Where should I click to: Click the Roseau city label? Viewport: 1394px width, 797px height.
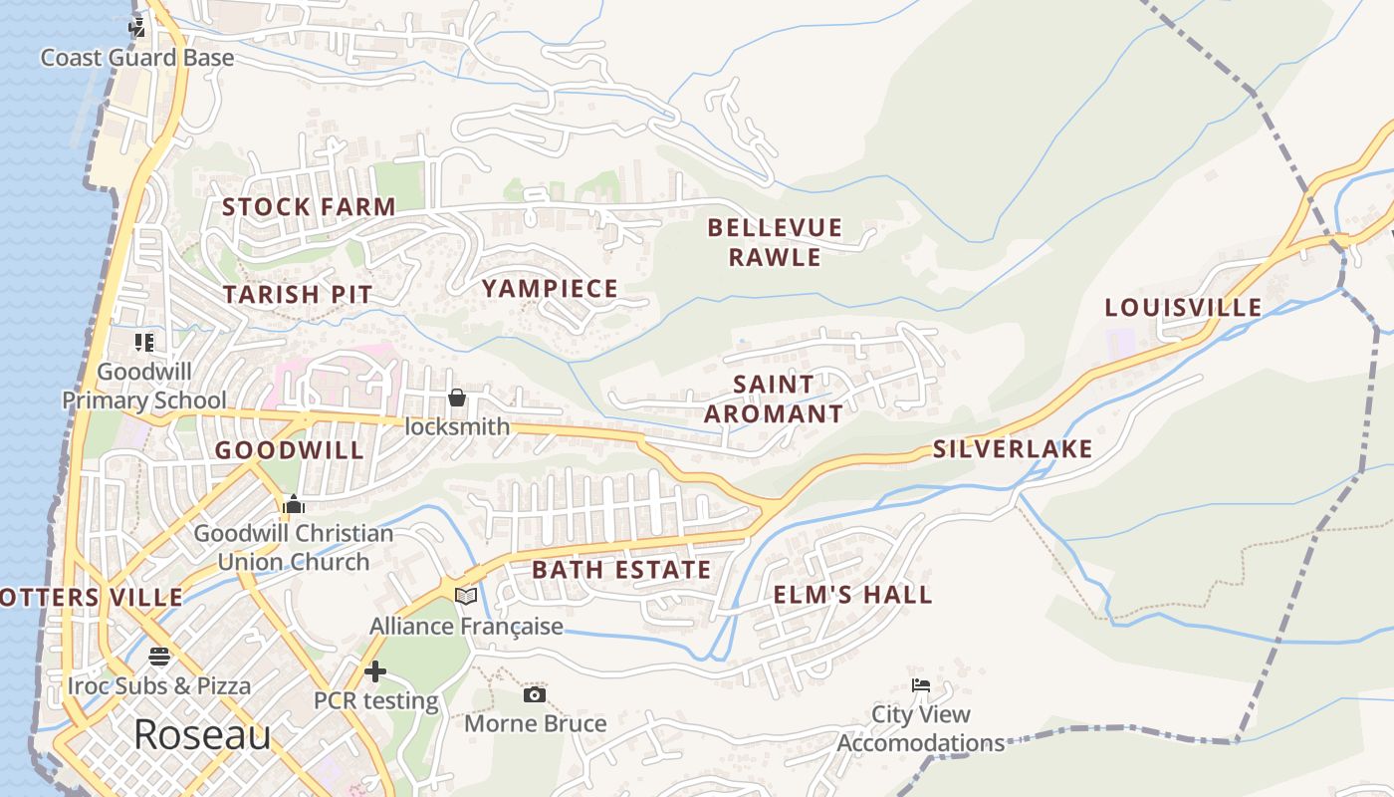(202, 735)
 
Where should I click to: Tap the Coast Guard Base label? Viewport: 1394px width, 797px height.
(137, 58)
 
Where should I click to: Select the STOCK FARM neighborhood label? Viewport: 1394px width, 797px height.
(309, 207)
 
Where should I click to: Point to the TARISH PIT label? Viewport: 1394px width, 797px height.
(298, 295)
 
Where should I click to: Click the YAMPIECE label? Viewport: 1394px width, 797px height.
(551, 289)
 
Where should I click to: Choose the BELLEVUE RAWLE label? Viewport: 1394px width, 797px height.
(775, 242)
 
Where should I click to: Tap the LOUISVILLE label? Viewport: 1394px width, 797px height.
(1183, 308)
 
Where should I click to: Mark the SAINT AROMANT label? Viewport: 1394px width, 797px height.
(774, 398)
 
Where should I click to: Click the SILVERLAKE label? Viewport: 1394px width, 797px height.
(1013, 449)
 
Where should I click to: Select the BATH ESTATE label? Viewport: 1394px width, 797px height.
(622, 570)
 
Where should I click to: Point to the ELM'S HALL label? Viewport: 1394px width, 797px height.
(853, 595)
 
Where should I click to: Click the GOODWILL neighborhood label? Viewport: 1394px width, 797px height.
(290, 450)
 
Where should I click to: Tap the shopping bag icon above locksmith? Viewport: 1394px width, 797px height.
(457, 398)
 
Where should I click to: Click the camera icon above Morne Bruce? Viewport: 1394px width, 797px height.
(535, 694)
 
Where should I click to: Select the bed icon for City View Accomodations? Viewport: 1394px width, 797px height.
(921, 684)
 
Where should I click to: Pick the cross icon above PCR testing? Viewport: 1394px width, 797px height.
(375, 671)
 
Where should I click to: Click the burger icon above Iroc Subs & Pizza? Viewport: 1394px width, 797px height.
(159, 657)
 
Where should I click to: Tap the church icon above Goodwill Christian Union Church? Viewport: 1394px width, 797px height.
(293, 504)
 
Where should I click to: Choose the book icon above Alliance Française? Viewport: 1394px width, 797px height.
(466, 596)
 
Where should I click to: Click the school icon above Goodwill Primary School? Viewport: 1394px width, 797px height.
(144, 343)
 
